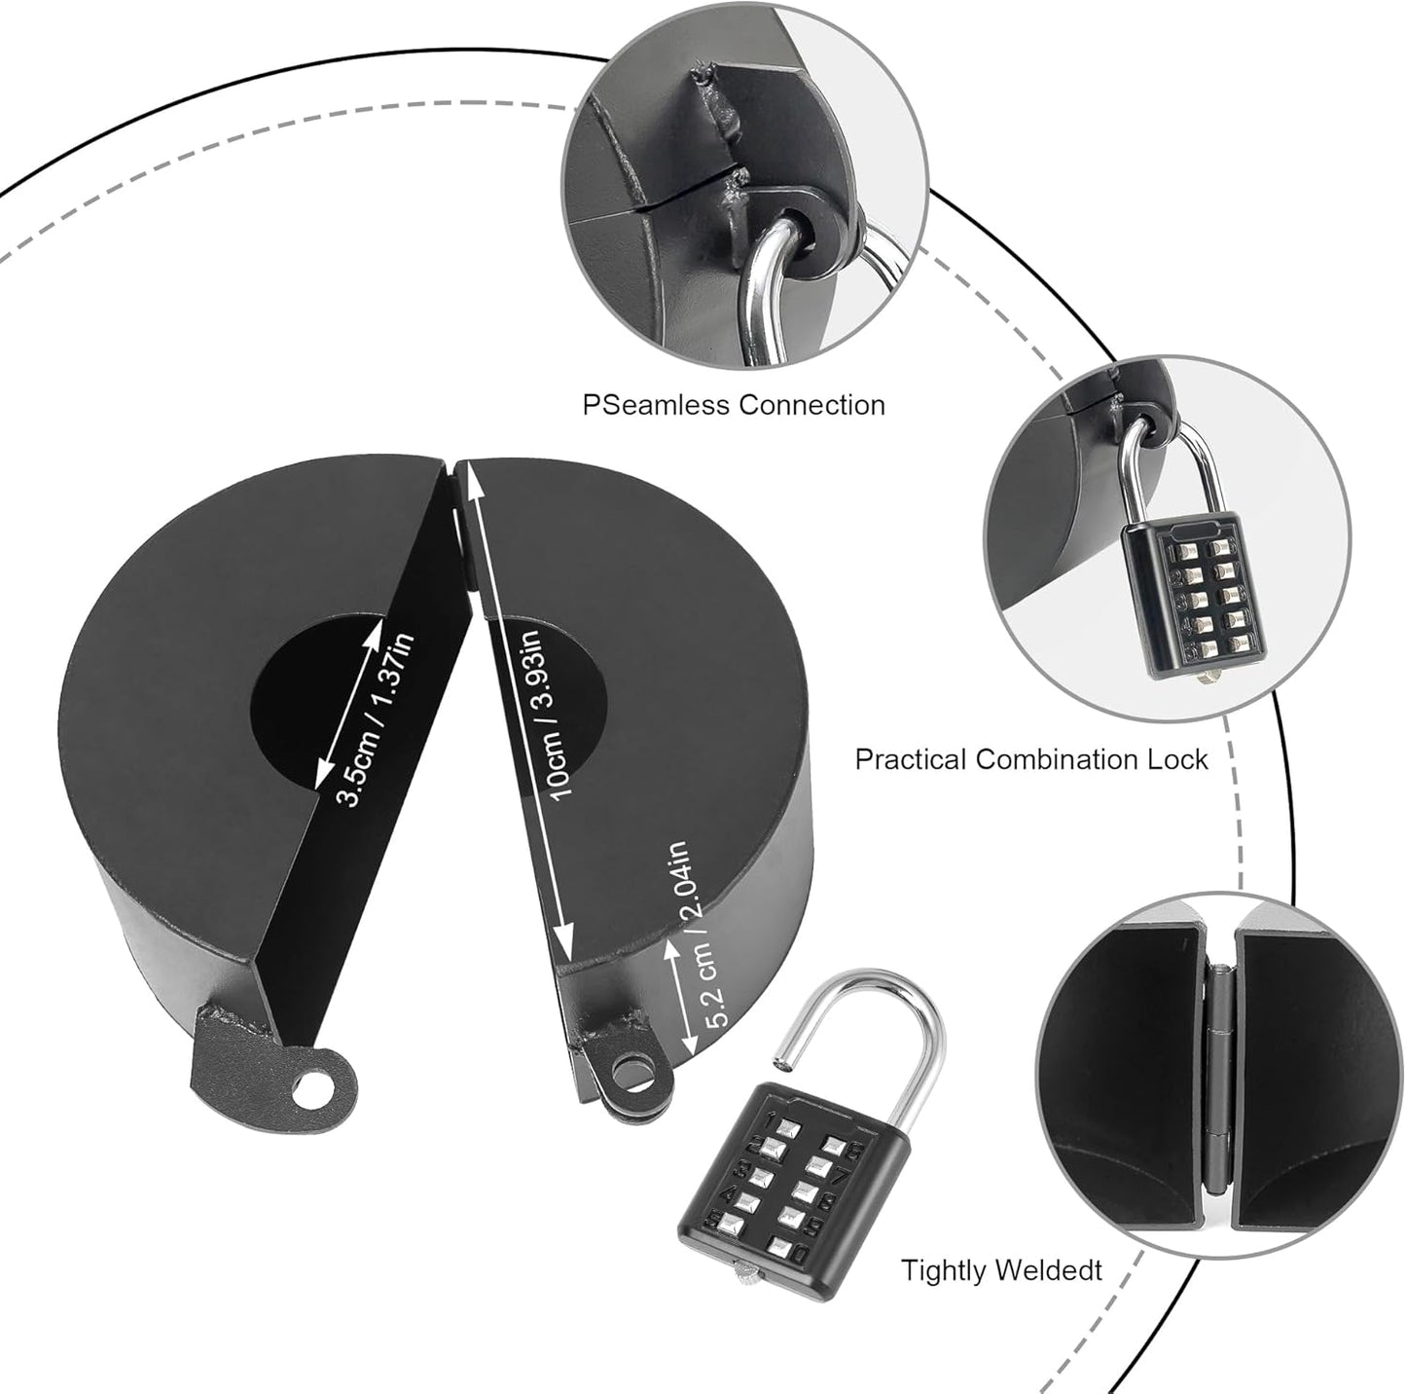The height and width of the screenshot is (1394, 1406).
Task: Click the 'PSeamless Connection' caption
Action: (734, 405)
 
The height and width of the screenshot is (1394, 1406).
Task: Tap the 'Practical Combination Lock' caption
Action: (1031, 759)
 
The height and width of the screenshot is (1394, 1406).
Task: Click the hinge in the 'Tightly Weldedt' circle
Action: (1215, 1077)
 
